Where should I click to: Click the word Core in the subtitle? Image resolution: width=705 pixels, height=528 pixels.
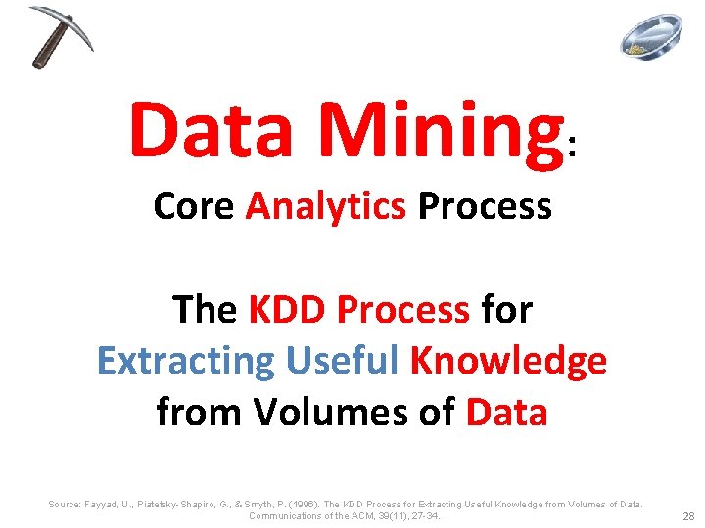click(193, 206)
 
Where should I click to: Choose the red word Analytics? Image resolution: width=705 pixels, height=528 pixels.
click(325, 207)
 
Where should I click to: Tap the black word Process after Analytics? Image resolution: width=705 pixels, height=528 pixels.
click(485, 206)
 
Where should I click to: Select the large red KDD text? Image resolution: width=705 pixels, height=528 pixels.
click(288, 310)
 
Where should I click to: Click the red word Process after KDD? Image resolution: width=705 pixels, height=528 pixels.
click(403, 310)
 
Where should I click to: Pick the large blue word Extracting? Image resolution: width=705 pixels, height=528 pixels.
click(186, 362)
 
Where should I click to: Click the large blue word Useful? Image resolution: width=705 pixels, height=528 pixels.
click(344, 361)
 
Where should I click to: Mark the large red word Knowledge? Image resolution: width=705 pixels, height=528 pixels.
click(509, 362)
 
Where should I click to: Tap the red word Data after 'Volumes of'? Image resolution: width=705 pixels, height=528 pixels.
click(506, 412)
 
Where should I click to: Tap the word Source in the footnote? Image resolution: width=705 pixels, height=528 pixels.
click(66, 504)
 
